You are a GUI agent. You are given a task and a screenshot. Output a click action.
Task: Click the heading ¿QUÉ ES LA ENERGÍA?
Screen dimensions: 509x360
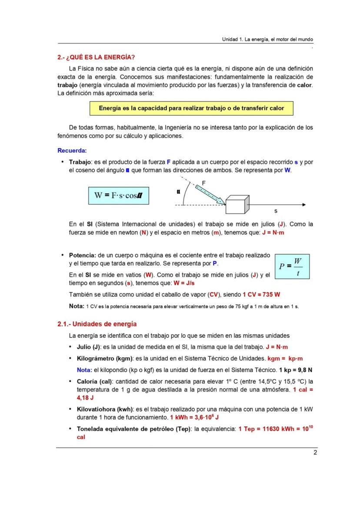point(96,57)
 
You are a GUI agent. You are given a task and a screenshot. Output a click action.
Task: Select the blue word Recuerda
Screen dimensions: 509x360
point(72,150)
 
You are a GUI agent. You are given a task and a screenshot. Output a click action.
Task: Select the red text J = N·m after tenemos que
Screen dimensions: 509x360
point(273,233)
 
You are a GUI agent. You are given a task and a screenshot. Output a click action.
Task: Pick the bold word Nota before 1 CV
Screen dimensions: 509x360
point(76,306)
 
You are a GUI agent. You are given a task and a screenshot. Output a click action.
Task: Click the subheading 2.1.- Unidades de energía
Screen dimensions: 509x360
point(97,324)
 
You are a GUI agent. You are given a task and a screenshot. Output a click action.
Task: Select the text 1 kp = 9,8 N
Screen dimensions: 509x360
point(296,370)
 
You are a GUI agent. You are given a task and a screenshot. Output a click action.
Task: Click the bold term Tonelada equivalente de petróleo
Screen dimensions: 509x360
point(126,429)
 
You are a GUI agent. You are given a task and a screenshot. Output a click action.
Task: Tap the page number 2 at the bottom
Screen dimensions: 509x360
point(315,453)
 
